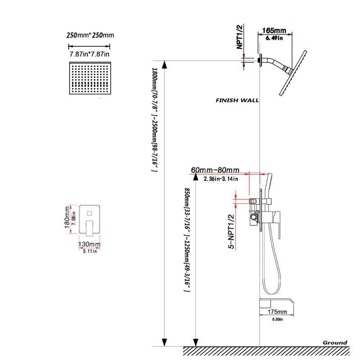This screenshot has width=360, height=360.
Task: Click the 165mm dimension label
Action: (274, 31)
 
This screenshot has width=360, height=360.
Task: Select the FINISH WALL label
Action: (237, 100)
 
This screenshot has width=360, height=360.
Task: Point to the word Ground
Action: (335, 342)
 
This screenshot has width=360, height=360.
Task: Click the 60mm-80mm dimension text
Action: (215, 170)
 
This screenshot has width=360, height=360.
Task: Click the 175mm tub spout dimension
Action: (277, 312)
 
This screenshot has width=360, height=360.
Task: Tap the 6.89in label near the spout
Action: (277, 319)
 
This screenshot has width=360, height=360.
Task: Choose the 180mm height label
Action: (68, 218)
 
